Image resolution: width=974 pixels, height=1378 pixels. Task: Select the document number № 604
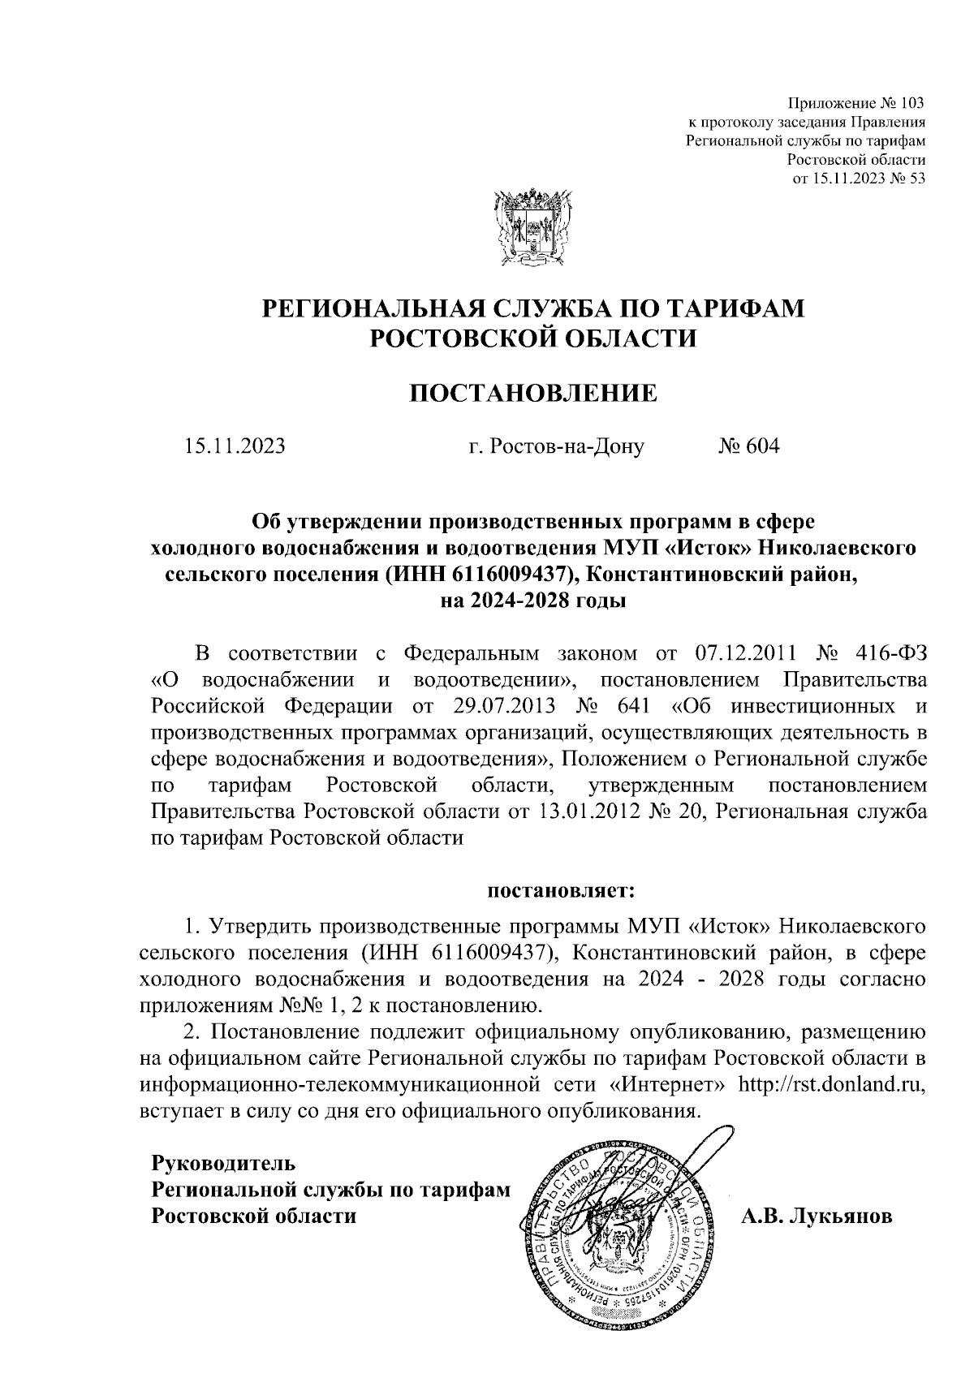[x=748, y=446]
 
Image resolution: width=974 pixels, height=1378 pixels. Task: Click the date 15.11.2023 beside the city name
[x=235, y=446]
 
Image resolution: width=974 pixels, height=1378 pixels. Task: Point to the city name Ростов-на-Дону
[x=557, y=446]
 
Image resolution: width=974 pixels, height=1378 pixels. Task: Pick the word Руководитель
[x=224, y=1163]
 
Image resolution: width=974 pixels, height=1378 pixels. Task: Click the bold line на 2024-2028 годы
[x=532, y=601]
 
